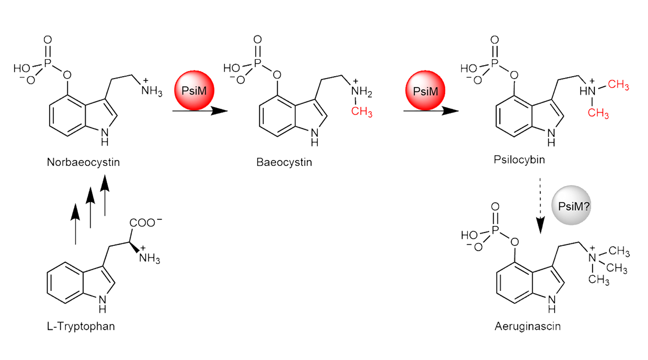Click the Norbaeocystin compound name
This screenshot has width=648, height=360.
tap(83, 162)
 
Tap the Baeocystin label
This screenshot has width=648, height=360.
tap(284, 162)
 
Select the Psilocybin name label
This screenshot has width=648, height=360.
tap(519, 159)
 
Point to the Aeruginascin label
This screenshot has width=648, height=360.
tap(527, 326)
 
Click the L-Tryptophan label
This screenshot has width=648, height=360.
tap(81, 326)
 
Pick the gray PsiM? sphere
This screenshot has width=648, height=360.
tap(571, 206)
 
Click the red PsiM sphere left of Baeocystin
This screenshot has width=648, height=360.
tap(194, 90)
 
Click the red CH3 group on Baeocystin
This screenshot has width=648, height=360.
tap(361, 112)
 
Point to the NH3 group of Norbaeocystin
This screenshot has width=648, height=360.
tap(151, 91)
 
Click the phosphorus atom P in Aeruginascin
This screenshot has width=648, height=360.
tap(495, 230)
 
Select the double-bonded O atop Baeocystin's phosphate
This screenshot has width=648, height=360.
tap(257, 39)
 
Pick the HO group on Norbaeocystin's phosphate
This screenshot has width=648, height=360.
tap(22, 68)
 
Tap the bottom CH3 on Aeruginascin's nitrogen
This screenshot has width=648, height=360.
tap(598, 280)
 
